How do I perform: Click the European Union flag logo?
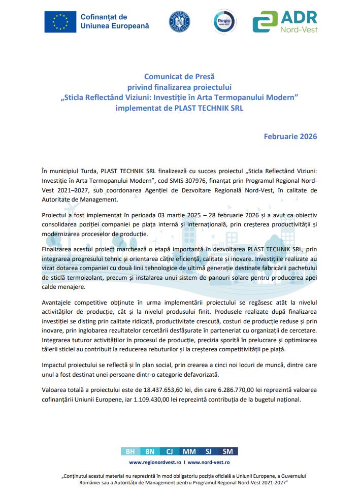(60, 22)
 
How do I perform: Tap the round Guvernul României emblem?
(180, 22)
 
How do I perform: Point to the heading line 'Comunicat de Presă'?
(180, 77)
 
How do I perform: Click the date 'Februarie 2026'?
(291, 137)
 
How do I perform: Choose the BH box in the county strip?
(130, 451)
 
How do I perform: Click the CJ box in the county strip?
(170, 451)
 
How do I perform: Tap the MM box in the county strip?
(189, 451)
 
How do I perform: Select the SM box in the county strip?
(228, 451)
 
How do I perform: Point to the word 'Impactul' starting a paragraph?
(55, 365)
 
